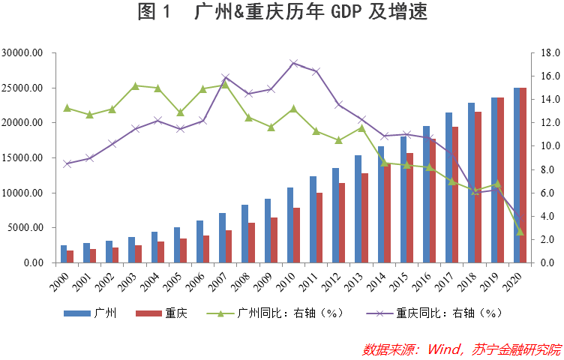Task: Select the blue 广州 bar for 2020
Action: (517, 175)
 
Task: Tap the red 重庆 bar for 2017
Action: (455, 195)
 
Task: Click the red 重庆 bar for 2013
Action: (364, 217)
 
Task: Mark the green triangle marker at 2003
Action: (135, 85)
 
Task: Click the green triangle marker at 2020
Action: (520, 232)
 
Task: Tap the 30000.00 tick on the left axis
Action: (22, 53)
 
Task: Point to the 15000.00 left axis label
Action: (22, 158)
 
